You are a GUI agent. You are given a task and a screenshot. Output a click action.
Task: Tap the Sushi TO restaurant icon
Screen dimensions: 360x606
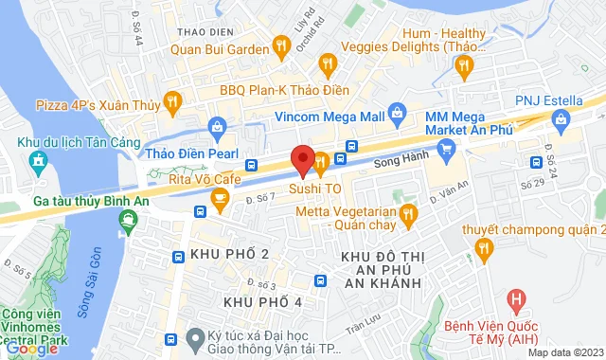click(x=321, y=164)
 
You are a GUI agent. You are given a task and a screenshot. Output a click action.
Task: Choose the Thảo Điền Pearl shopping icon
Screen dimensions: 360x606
click(x=217, y=125)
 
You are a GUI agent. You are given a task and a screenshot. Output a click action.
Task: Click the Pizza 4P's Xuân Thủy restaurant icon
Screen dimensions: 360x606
click(x=171, y=100)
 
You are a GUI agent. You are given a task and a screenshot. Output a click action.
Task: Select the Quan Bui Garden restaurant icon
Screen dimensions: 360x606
click(x=280, y=45)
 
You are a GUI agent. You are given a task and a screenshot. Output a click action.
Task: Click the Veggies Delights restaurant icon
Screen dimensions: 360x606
click(x=328, y=64)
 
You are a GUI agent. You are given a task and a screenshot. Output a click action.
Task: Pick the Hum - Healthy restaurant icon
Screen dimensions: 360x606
click(x=463, y=65)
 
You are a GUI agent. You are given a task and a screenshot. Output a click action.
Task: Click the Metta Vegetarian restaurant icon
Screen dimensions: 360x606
click(x=409, y=214)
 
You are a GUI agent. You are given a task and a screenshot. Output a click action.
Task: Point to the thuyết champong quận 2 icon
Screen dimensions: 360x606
click(x=485, y=249)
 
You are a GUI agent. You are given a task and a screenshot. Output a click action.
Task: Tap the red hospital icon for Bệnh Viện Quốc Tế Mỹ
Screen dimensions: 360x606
click(x=516, y=303)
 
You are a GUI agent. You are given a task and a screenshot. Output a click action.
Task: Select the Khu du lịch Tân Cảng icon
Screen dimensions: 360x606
click(x=38, y=161)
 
